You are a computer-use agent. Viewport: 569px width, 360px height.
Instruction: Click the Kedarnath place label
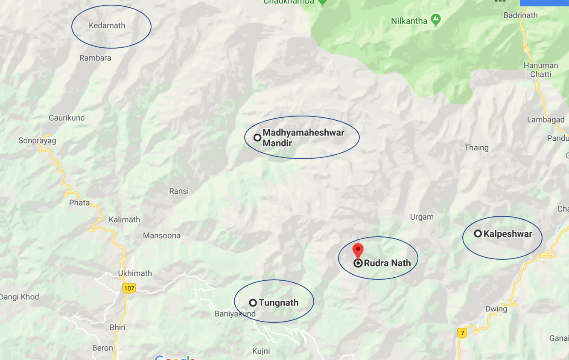107,26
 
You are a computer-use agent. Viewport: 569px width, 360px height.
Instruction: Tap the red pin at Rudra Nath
358,250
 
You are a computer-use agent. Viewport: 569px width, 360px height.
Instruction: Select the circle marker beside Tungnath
253,303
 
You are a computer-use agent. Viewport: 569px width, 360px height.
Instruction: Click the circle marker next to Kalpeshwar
478,234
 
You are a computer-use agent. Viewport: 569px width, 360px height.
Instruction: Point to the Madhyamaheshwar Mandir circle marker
257,137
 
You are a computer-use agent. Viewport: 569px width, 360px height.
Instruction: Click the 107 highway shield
129,288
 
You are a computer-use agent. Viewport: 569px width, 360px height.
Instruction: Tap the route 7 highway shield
461,333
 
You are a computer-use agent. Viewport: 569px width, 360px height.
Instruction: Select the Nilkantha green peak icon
436,20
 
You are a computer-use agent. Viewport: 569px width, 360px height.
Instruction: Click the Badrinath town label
520,15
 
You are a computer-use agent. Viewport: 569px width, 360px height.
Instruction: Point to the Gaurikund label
67,118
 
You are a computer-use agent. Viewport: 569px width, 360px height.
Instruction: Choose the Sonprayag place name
37,140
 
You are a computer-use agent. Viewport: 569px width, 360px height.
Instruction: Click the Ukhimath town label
135,273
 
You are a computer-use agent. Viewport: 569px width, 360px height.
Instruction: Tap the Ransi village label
179,191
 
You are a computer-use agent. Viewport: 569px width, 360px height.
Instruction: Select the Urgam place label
422,217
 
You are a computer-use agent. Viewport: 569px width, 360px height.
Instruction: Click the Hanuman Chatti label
541,70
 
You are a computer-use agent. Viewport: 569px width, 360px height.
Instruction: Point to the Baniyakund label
235,314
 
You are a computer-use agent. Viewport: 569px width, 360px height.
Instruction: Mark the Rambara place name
95,58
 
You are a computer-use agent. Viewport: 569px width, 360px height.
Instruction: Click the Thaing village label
476,148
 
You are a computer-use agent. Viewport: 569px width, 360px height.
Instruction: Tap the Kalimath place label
124,220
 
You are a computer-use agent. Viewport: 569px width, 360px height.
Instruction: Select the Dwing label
496,309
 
